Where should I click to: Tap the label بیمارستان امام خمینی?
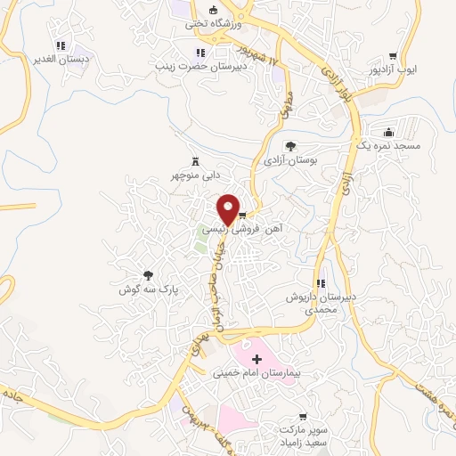pos(257,375)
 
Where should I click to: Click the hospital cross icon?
pos(257,360)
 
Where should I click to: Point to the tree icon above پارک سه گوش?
pos(149,276)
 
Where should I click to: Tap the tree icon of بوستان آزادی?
pos(290,146)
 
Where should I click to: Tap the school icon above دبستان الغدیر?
pos(61,45)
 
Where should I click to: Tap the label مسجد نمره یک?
pos(393,144)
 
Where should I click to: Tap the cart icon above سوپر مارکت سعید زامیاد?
pos(304,415)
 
